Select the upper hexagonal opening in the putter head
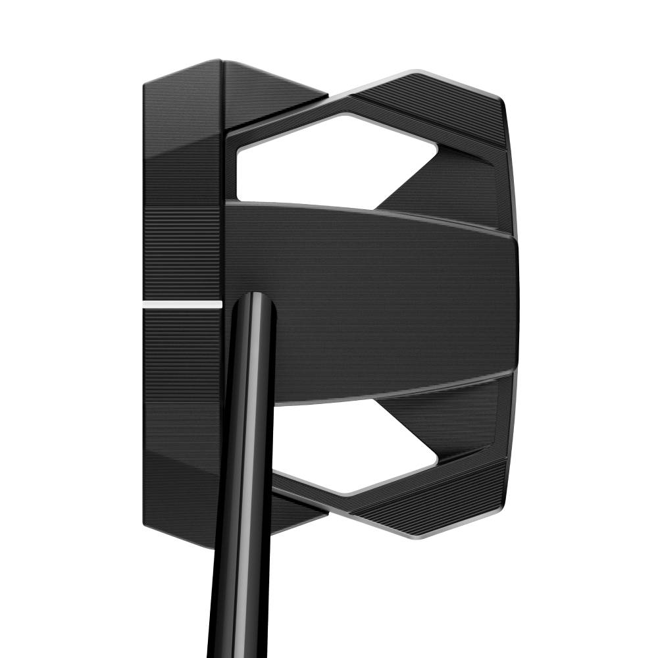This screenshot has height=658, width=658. (329, 161)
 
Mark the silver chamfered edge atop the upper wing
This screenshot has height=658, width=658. (421, 74)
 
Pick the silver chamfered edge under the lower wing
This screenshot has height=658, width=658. (421, 534)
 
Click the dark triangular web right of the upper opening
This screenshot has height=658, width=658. (454, 184)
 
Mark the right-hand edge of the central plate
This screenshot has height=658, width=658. (515, 303)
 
